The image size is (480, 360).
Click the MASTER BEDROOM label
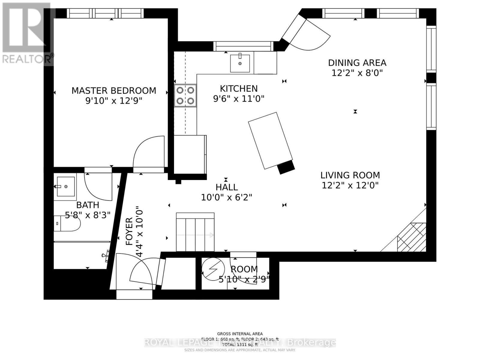click(x=114, y=91)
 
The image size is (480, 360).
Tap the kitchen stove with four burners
click(x=185, y=95)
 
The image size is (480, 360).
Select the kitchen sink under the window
click(x=240, y=63)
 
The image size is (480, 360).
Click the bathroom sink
click(x=65, y=186)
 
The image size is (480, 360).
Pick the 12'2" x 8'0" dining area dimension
click(x=357, y=73)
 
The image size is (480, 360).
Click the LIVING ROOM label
click(x=350, y=175)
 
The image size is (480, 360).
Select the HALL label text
click(x=227, y=187)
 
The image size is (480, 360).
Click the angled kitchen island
click(x=270, y=140)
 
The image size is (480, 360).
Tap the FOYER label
click(x=129, y=232)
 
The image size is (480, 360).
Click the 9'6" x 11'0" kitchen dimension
click(x=239, y=99)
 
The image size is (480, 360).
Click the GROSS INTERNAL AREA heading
click(x=240, y=334)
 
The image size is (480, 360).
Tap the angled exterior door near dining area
click(x=306, y=33)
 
